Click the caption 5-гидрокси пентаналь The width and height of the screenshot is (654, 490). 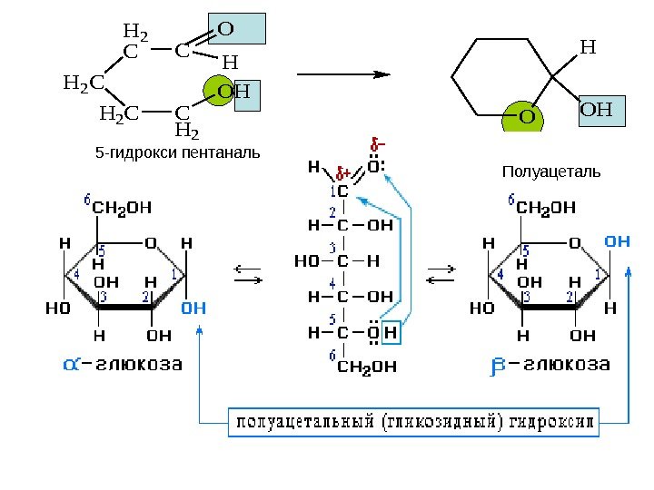(x=177, y=152)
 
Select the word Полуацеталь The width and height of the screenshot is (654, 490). (x=550, y=171)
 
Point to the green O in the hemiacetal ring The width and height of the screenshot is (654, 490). (x=526, y=117)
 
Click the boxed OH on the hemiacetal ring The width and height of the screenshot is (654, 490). (x=596, y=111)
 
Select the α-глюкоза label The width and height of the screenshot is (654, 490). (x=122, y=365)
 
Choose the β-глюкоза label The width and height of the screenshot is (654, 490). (x=550, y=365)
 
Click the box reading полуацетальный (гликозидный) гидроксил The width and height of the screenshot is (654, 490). (x=412, y=422)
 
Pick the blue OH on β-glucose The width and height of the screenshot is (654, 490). (x=617, y=242)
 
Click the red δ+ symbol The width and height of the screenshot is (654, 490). (x=344, y=172)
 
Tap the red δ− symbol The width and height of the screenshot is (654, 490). (x=377, y=143)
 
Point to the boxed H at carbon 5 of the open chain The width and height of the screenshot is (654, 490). (x=391, y=333)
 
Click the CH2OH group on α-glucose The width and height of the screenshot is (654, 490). (x=122, y=206)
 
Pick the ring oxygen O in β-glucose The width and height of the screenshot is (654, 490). (x=574, y=243)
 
